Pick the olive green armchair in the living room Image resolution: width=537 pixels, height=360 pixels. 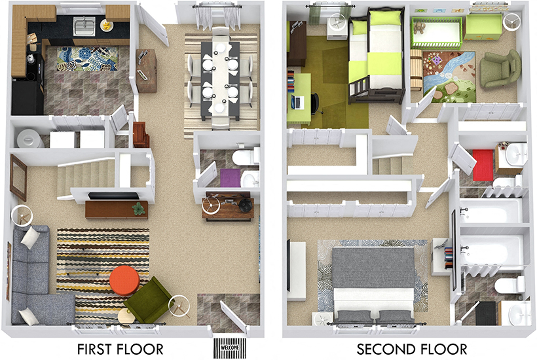click(148, 299)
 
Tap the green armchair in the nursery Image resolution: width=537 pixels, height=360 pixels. click(499, 69)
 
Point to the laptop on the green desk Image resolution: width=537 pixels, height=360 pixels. click(297, 101)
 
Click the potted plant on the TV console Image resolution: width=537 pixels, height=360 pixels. click(138, 208)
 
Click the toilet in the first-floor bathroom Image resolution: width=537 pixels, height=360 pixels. click(248, 156)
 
